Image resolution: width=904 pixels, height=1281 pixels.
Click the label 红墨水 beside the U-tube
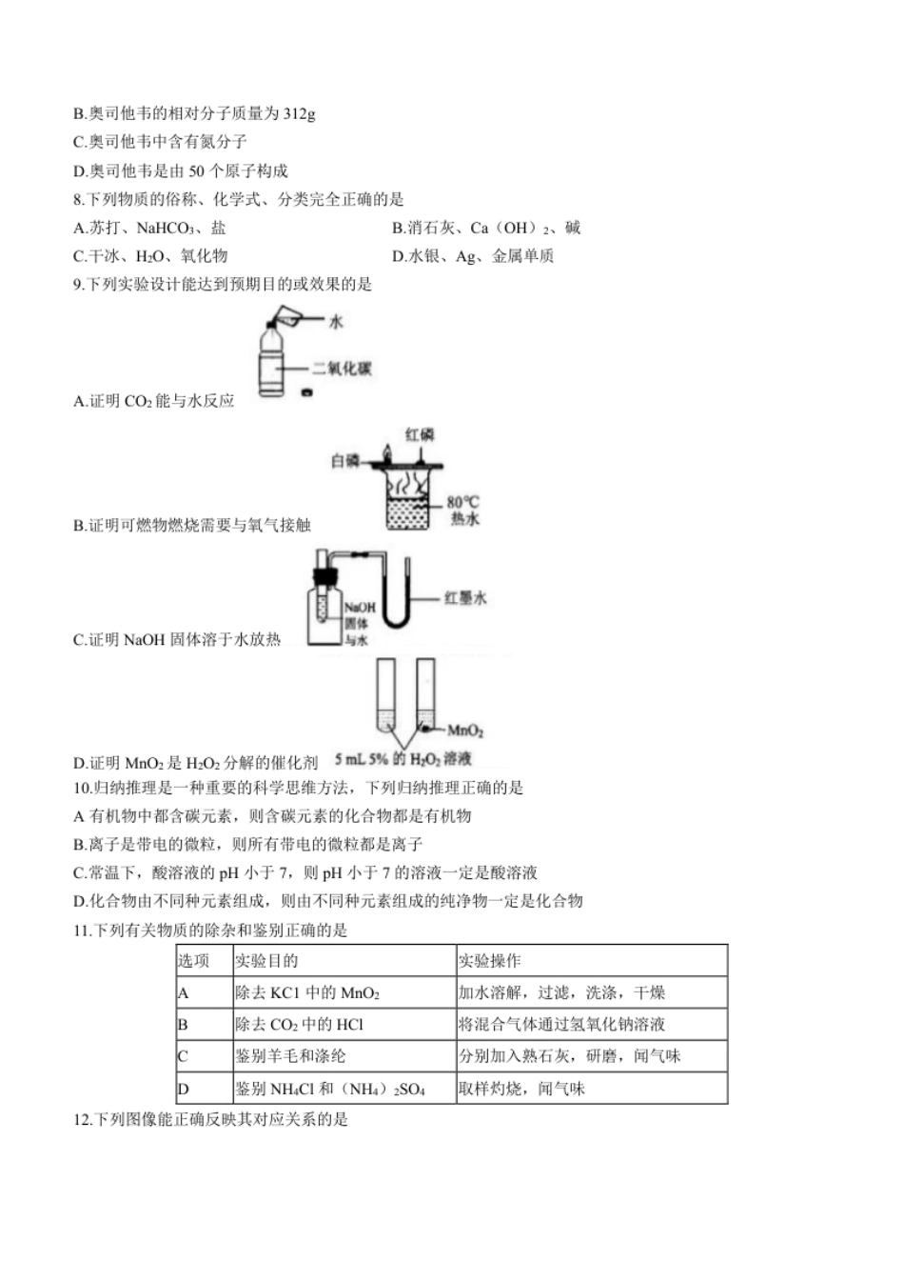pos(465,598)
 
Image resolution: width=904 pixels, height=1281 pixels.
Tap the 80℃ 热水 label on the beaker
pos(463,510)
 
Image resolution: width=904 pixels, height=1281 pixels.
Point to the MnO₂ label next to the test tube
pos(465,731)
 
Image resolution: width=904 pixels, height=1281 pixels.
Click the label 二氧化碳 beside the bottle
pos(342,369)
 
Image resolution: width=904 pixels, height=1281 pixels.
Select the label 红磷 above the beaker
pos(420,434)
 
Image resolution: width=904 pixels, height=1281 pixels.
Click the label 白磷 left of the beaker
pos(345,461)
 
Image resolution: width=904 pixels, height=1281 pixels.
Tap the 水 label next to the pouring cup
pos(336,322)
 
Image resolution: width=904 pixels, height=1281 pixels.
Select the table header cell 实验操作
pos(490,961)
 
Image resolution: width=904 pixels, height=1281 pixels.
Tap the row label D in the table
pos(184,1089)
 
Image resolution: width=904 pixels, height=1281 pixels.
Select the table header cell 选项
pos(193,961)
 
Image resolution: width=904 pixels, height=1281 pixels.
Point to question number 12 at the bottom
pos(82,1119)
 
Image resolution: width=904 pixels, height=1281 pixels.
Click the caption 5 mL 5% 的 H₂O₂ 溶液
pos(403,759)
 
